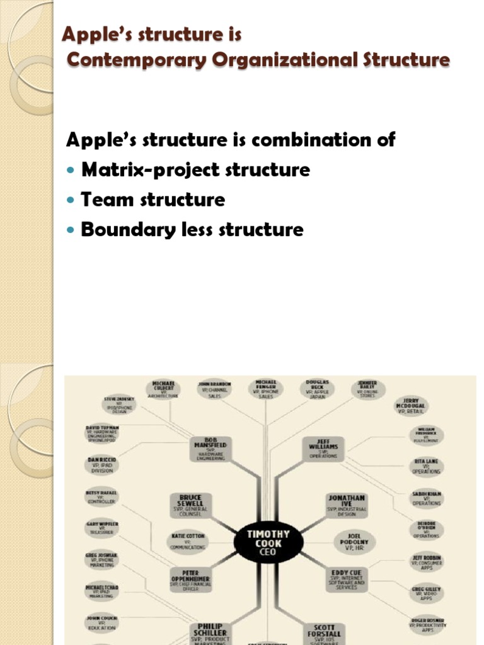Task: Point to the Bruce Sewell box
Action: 191,506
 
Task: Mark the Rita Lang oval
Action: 427,466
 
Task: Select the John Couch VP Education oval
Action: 101,622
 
